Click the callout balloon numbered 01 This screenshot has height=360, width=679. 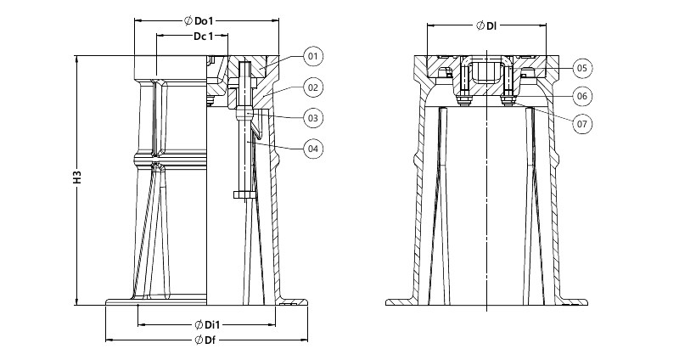point(313,56)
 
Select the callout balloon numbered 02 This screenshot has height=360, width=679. point(313,87)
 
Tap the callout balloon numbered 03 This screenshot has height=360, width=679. point(313,118)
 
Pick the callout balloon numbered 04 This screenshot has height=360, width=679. point(313,149)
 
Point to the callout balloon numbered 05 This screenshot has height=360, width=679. point(582,68)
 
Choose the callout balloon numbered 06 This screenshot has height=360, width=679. point(582,96)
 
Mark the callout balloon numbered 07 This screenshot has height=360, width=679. point(582,124)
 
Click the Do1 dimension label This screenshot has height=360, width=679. point(205,20)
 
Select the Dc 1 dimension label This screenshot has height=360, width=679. point(204,37)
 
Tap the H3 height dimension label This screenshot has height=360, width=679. point(77,178)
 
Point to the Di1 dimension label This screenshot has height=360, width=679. point(212,324)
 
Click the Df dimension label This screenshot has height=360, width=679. point(210,340)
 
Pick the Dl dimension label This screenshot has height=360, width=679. point(491,25)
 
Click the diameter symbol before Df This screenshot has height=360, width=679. point(199,340)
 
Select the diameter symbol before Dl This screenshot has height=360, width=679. point(480,25)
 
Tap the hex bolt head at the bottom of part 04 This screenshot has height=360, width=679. point(244,195)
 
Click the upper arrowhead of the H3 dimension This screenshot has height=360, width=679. point(77,59)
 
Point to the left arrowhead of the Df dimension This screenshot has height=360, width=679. point(109,340)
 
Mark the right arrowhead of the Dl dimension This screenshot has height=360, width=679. point(542,25)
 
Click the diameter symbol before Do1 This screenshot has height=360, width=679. point(188,20)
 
